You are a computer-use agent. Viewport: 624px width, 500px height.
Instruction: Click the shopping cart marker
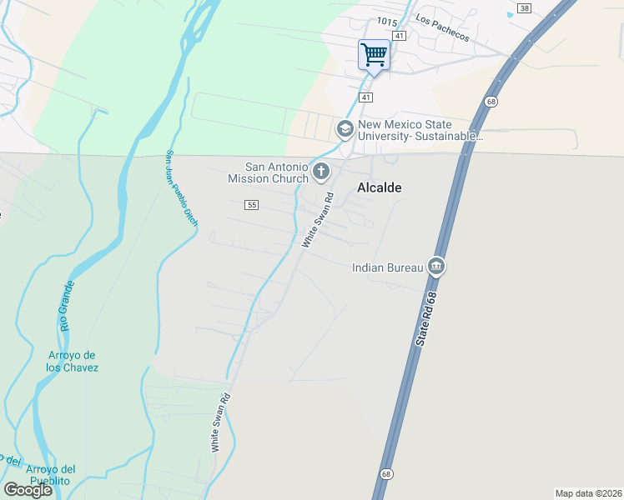pyautogui.click(x=374, y=56)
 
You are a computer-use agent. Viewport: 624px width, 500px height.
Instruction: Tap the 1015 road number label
pyautogui.click(x=386, y=22)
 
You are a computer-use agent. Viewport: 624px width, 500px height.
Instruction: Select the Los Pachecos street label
pyautogui.click(x=442, y=30)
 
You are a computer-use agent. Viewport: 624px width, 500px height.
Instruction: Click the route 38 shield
pyautogui.click(x=523, y=7)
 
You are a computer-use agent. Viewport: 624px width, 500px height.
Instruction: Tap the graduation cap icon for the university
pyautogui.click(x=345, y=129)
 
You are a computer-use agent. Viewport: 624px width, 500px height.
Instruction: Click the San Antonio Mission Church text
pyautogui.click(x=269, y=172)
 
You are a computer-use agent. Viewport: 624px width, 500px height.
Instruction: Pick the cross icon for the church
pyautogui.click(x=321, y=172)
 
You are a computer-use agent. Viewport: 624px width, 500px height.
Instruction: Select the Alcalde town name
pyautogui.click(x=380, y=188)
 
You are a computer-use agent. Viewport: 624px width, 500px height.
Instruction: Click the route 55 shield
pyautogui.click(x=252, y=204)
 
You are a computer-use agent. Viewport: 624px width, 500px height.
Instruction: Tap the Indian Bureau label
pyautogui.click(x=387, y=267)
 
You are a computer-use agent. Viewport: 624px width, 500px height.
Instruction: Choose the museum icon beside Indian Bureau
pyautogui.click(x=435, y=267)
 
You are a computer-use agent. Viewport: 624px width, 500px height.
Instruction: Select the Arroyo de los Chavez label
pyautogui.click(x=73, y=362)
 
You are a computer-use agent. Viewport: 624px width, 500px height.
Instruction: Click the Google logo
pyautogui.click(x=28, y=490)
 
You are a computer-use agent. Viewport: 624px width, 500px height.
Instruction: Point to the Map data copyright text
pyautogui.click(x=588, y=493)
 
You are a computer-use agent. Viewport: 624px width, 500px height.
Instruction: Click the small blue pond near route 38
pyautogui.click(x=511, y=14)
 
